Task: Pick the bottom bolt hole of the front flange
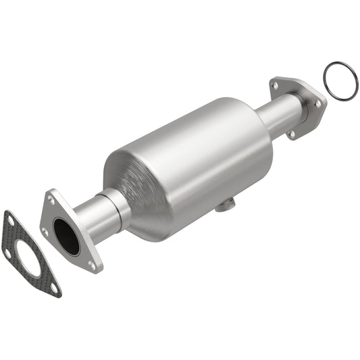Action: point(92,265)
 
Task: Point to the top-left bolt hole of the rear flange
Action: point(275,85)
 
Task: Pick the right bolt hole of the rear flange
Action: point(317,103)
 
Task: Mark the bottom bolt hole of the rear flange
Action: point(291,134)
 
